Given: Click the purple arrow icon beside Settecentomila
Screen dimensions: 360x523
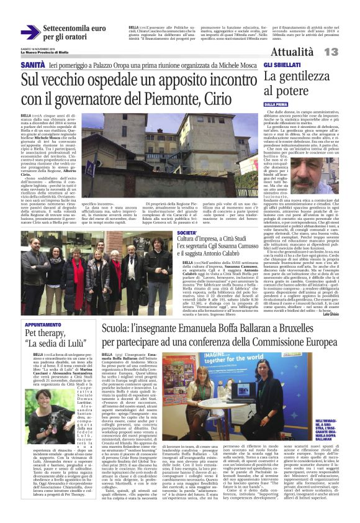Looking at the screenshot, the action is [30, 32].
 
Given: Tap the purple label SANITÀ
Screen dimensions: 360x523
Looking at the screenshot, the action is [32, 65].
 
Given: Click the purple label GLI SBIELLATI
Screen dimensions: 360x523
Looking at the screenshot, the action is [281, 65].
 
